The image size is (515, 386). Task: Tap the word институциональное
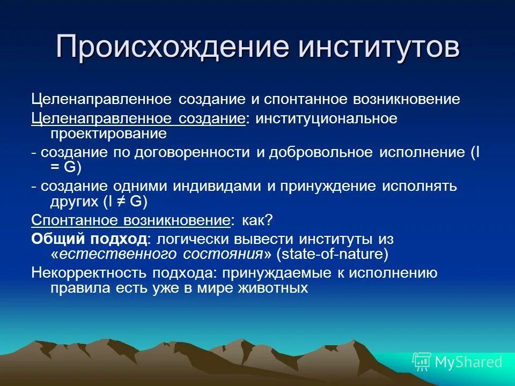[326, 118]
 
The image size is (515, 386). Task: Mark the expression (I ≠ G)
[125, 201]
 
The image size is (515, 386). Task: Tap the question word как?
[258, 220]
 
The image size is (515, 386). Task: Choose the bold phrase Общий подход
[88, 239]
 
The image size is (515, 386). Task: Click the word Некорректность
[89, 272]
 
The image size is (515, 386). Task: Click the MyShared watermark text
[468, 362]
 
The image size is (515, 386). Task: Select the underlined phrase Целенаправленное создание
[138, 118]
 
